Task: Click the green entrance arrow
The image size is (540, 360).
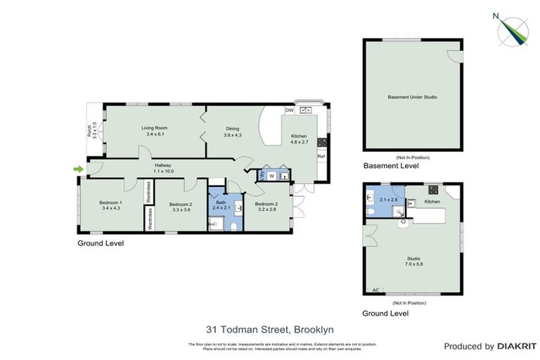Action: click(78, 169)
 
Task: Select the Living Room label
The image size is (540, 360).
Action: click(154, 131)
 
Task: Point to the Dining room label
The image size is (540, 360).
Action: click(232, 131)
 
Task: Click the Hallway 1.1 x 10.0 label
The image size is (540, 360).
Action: click(162, 168)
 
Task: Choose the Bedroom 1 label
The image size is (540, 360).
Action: click(111, 205)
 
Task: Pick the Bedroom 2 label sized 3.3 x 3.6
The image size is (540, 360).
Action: click(181, 207)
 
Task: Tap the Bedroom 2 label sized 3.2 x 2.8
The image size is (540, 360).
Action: click(267, 207)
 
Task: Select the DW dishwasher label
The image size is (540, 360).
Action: click(289, 110)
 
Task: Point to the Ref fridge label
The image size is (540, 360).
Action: click(321, 156)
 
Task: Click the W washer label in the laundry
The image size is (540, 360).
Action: click(270, 176)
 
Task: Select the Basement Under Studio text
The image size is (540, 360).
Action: click(412, 96)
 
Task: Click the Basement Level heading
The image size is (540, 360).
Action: click(390, 167)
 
